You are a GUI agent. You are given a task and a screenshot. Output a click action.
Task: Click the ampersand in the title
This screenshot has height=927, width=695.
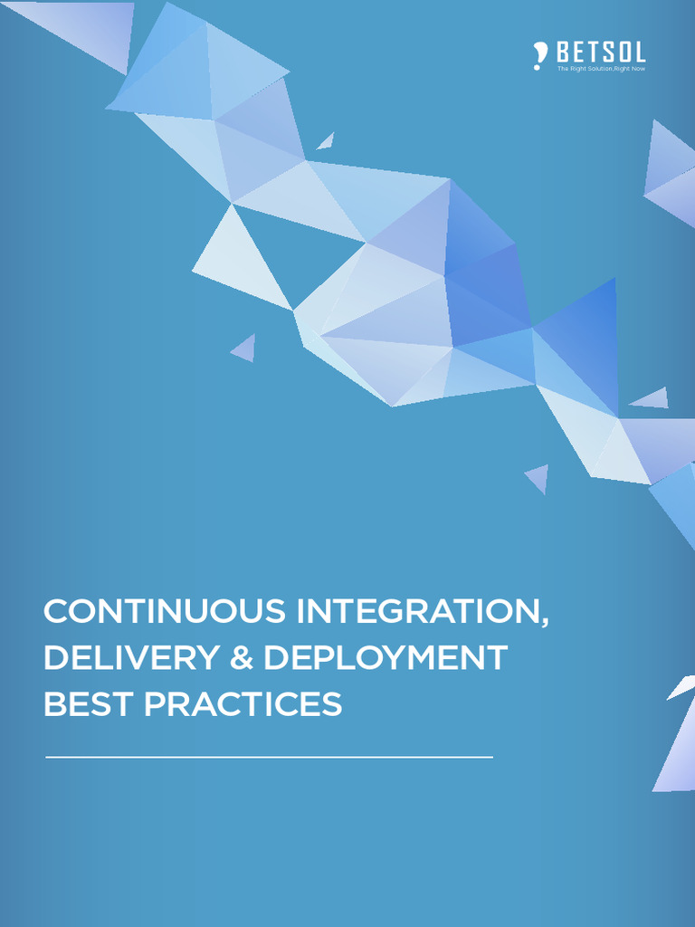click(x=241, y=658)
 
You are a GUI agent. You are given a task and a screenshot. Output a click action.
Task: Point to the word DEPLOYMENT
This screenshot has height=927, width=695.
click(x=385, y=658)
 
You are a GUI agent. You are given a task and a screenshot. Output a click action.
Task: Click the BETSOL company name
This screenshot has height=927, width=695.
click(x=600, y=52)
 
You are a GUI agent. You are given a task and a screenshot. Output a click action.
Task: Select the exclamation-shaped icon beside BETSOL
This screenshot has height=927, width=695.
click(x=540, y=56)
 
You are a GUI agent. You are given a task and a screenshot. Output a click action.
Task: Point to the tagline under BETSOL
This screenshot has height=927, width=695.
click(x=600, y=69)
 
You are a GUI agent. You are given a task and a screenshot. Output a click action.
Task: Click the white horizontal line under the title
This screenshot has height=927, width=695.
click(x=269, y=756)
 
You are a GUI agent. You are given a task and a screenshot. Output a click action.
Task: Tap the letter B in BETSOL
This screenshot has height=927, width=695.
click(x=565, y=52)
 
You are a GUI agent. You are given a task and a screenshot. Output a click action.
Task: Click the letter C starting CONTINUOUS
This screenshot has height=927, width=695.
click(x=55, y=612)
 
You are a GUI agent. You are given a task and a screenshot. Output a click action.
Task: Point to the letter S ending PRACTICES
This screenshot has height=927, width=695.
click(x=332, y=704)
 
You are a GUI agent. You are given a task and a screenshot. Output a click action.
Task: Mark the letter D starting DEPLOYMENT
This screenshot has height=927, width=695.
click(x=275, y=658)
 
